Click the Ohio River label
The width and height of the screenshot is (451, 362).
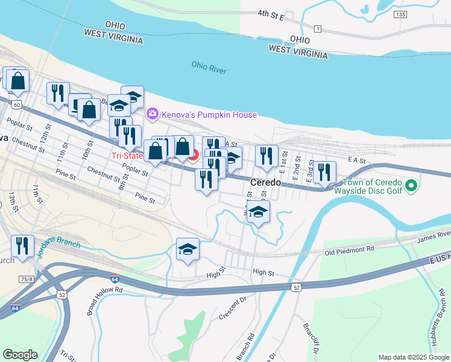209,67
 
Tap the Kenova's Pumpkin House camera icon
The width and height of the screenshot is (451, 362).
153,113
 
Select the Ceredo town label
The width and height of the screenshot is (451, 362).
266,182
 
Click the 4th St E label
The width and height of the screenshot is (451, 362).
270,14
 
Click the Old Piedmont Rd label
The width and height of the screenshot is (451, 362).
350,249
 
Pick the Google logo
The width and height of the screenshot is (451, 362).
20,355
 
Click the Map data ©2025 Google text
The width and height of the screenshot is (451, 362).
413,357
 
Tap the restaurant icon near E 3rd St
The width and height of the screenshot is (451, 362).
324,172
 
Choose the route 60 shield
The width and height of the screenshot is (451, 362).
16,105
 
